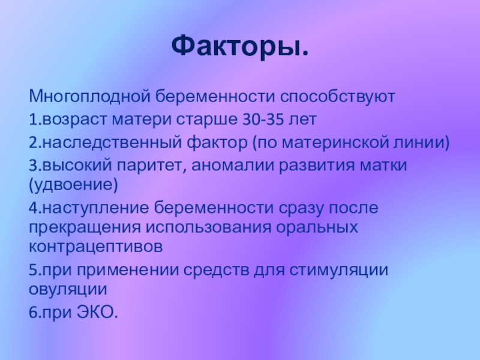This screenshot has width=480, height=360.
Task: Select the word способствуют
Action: coord(337,97)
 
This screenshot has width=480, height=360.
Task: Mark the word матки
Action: coord(383,166)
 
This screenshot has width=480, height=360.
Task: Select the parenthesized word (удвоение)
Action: coord(73,185)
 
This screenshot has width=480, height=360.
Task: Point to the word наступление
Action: coord(95,208)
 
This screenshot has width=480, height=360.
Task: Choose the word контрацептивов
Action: coord(96,247)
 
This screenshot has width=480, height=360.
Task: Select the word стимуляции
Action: coord(338,271)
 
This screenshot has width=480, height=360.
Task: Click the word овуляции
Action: coord(68,289)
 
